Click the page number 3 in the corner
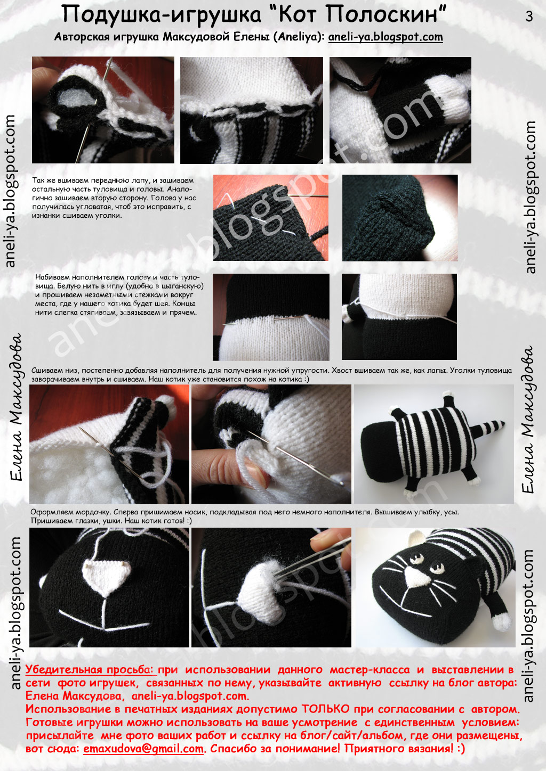(x=529, y=16)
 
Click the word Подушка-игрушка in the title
(x=162, y=15)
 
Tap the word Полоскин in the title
(x=382, y=15)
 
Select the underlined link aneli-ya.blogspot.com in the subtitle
(x=386, y=37)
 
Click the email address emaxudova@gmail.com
(x=143, y=748)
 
